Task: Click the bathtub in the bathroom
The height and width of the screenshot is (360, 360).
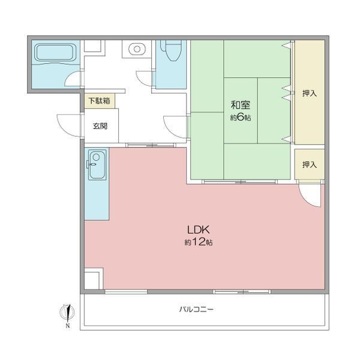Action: tap(55, 53)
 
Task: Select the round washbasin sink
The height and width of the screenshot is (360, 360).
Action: tap(137, 49)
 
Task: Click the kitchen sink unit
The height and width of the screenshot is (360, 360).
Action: tap(97, 165)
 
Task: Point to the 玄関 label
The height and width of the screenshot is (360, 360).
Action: tap(100, 126)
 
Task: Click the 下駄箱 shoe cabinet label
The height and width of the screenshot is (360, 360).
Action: tap(100, 101)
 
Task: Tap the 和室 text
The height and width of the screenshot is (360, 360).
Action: tap(241, 105)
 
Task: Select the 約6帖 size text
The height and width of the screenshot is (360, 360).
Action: tap(241, 118)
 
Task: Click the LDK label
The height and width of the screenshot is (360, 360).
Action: tap(199, 230)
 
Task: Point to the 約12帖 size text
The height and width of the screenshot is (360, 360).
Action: tap(199, 242)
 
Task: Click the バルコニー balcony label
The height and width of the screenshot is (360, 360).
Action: tap(196, 309)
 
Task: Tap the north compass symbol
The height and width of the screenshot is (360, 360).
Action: tap(67, 314)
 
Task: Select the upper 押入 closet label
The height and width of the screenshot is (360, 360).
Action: tap(310, 93)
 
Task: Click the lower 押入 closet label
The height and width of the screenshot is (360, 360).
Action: tap(310, 164)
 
